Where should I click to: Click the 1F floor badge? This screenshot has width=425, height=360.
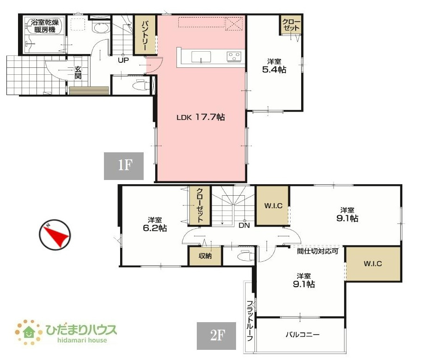pyautogui.click(x=124, y=166)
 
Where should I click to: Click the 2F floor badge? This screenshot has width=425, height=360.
pyautogui.click(x=216, y=336)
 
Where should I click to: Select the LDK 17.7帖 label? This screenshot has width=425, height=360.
pyautogui.click(x=200, y=117)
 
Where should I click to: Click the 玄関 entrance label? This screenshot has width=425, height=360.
pyautogui.click(x=78, y=72)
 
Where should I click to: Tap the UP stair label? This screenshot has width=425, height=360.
pyautogui.click(x=123, y=60)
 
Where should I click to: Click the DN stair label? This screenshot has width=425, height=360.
pyautogui.click(x=244, y=225)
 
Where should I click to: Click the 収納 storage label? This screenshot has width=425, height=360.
pyautogui.click(x=205, y=256)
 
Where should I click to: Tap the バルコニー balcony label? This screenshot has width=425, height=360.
pyautogui.click(x=303, y=335)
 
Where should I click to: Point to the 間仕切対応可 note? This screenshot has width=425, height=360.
pyautogui.click(x=317, y=251)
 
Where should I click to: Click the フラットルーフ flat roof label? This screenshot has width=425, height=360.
pyautogui.click(x=250, y=321)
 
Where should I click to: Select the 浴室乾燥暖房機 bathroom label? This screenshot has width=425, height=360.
pyautogui.click(x=45, y=26)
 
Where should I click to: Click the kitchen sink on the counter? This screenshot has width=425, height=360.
pyautogui.click(x=201, y=57)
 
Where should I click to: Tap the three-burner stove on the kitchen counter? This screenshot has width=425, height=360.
pyautogui.click(x=234, y=57)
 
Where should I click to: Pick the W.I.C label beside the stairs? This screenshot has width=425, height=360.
pyautogui.click(x=273, y=206)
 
